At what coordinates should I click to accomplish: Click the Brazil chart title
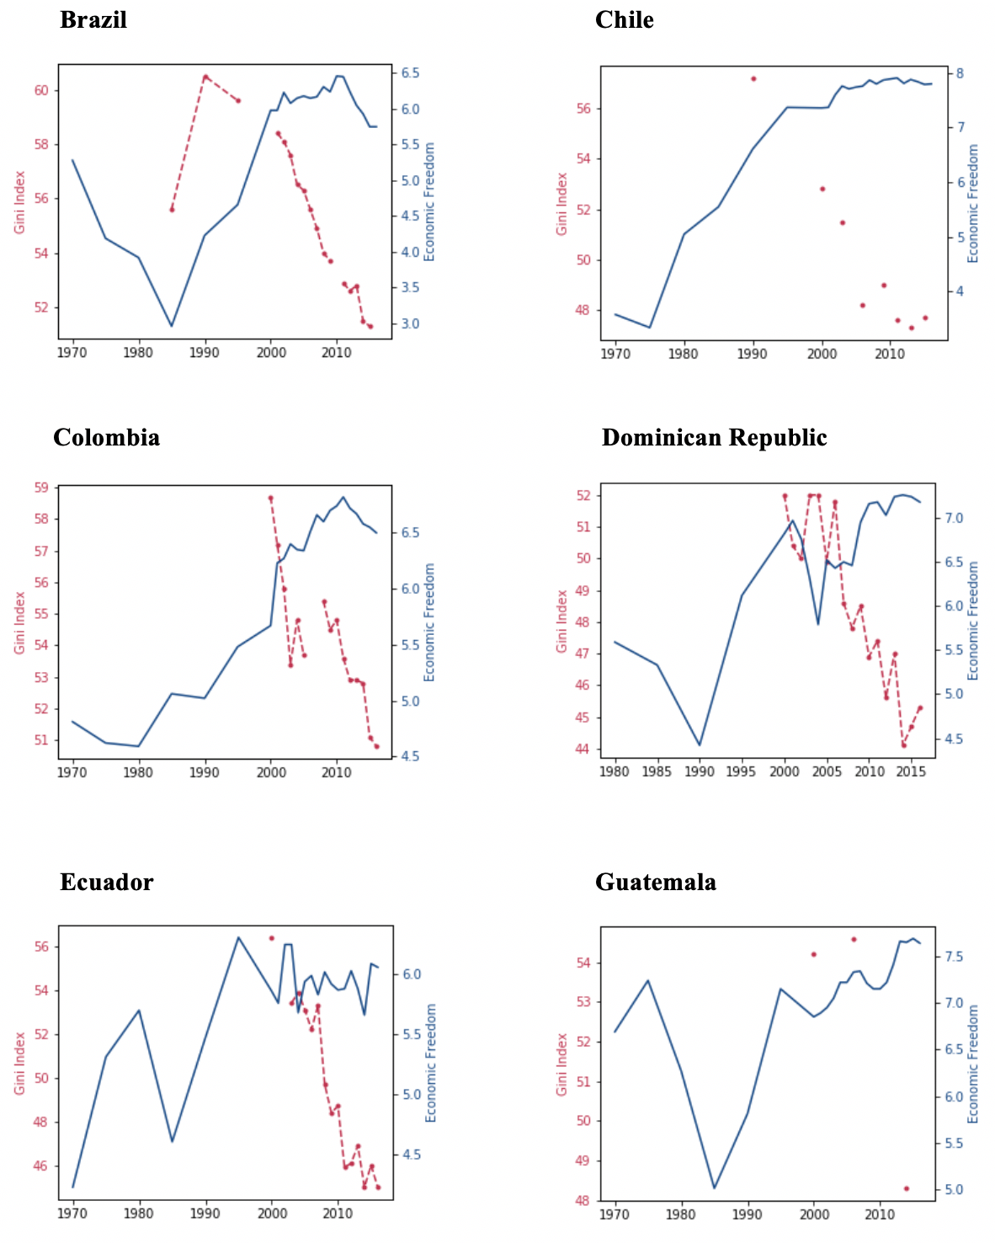93,19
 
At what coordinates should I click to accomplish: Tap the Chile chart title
624,19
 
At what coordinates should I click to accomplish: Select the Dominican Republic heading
714,437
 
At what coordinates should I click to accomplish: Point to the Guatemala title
655,882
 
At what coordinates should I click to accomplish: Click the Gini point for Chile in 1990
753,78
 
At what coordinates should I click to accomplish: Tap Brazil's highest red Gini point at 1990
205,77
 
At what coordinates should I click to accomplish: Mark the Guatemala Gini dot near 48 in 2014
907,1188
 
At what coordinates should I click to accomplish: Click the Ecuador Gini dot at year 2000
271,937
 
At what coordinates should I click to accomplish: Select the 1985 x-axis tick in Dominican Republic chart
657,771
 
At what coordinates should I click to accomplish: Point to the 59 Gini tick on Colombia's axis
40,488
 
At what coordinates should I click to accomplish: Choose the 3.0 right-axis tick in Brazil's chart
411,324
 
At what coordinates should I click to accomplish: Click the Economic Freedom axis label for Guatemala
973,1063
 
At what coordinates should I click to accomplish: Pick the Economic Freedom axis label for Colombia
429,621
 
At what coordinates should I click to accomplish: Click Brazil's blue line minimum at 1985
172,326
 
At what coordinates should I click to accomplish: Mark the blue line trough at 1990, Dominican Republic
700,744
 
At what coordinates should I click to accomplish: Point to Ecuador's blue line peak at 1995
238,937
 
